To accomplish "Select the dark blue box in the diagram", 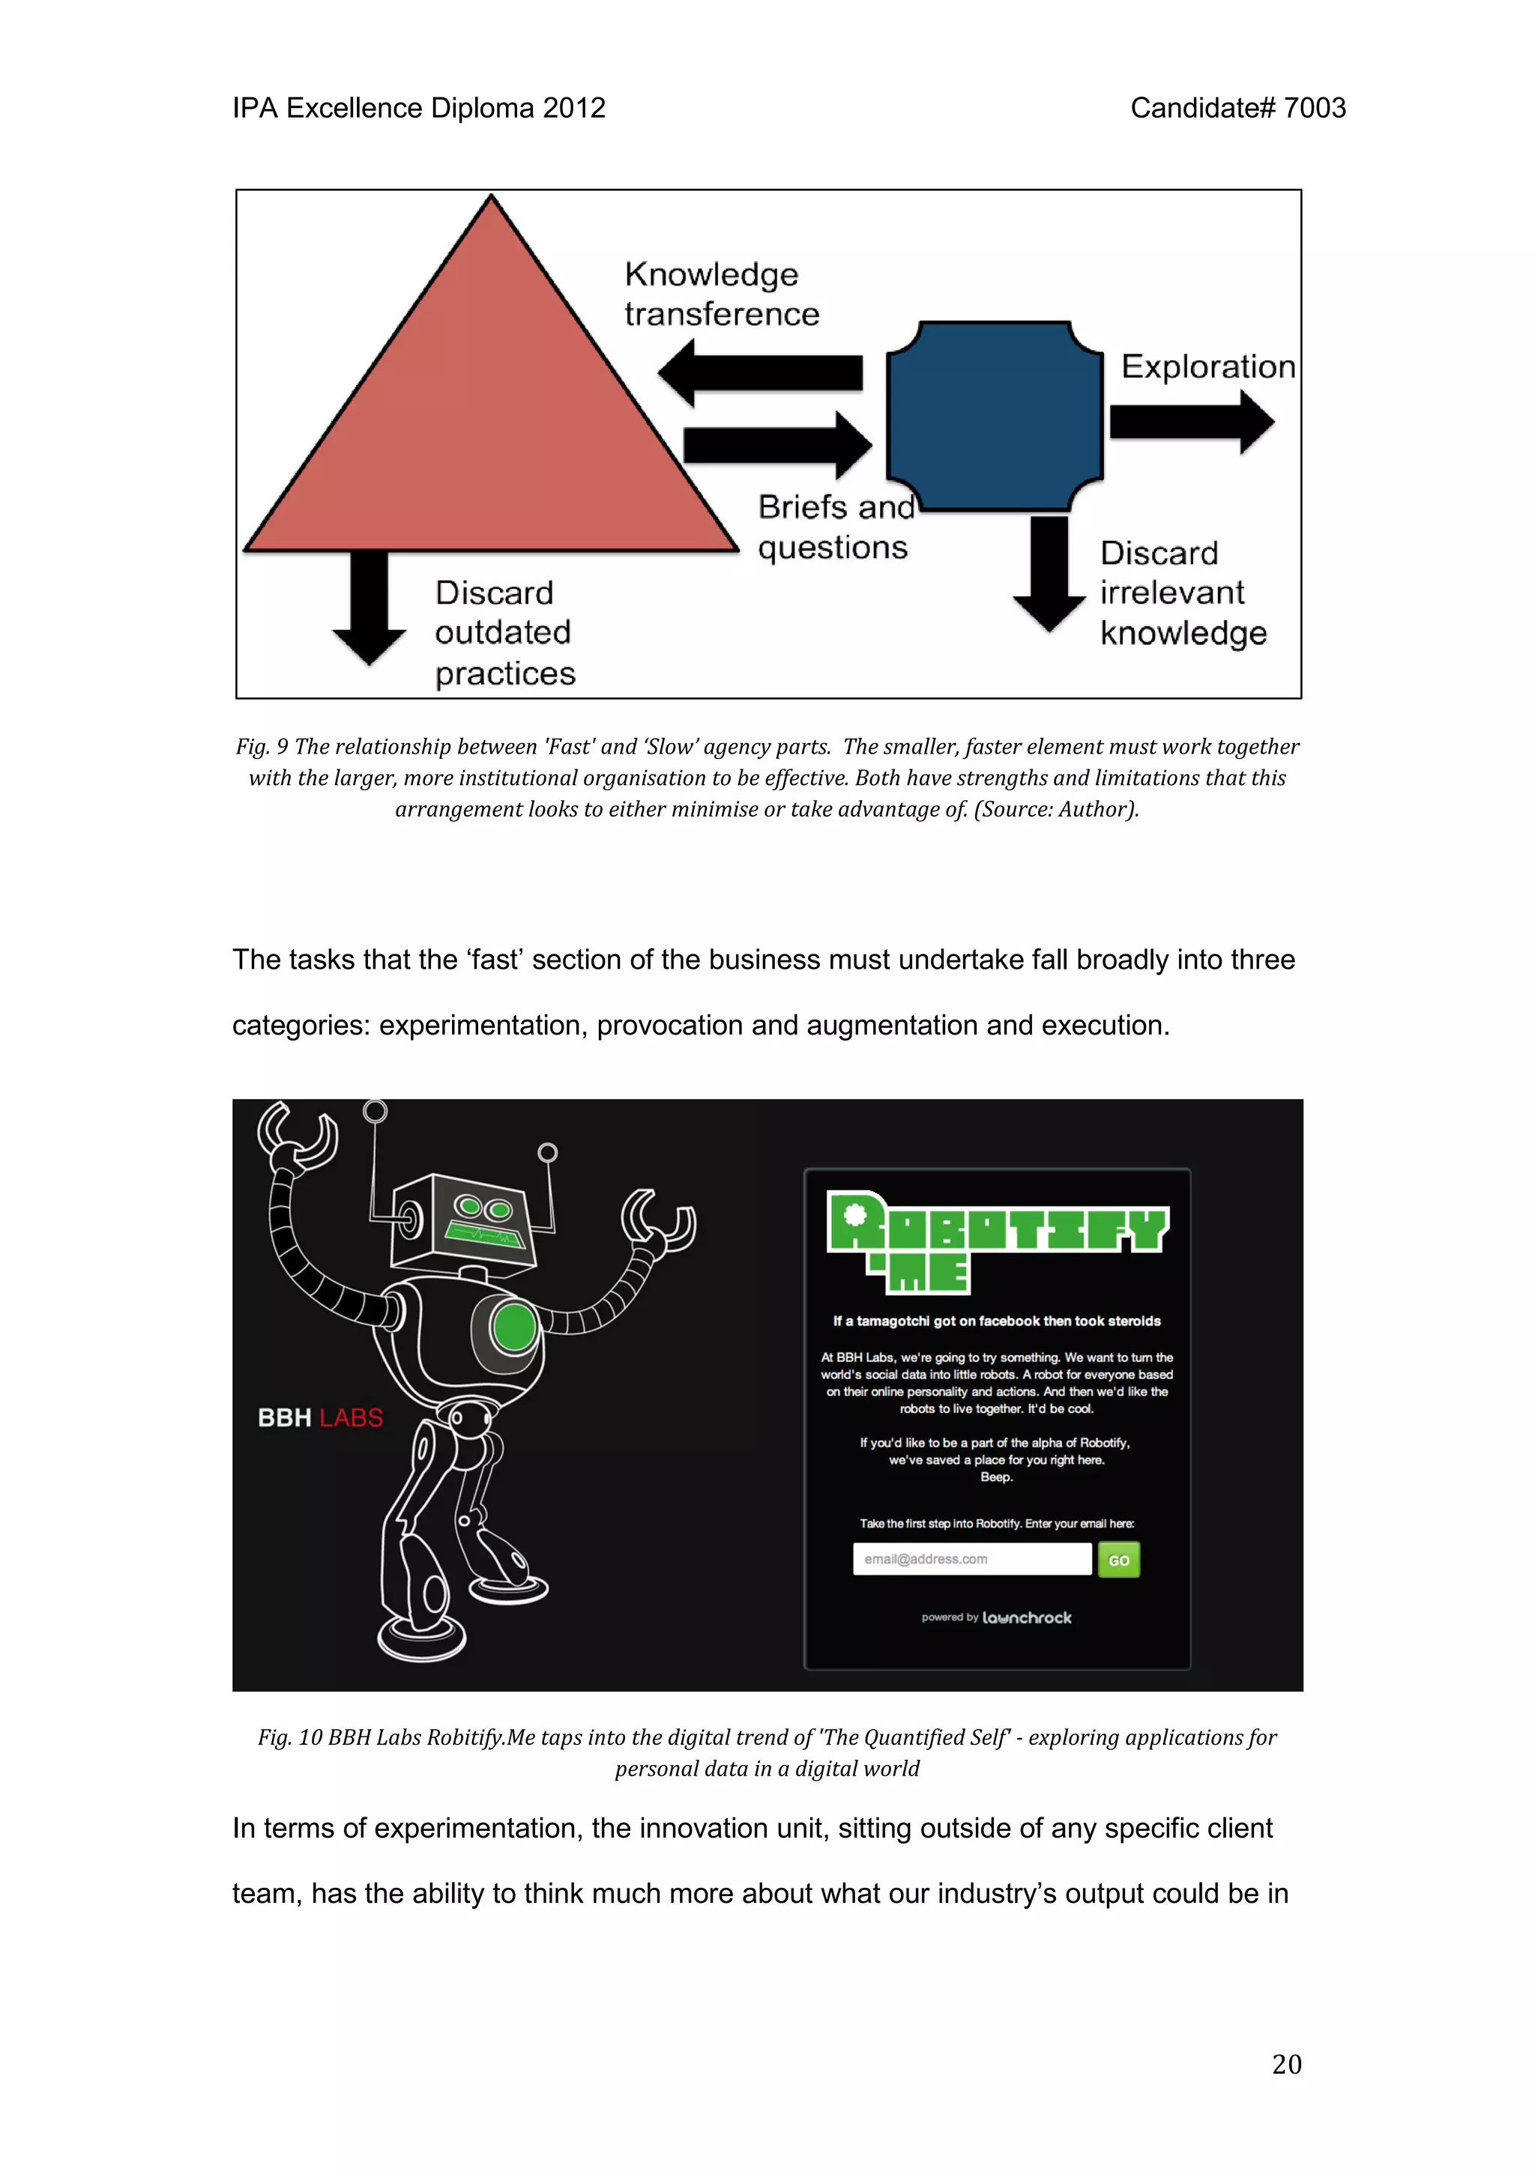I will [x=995, y=416].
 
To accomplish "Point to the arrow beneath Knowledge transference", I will [x=762, y=372].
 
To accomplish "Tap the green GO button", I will [x=1119, y=1560].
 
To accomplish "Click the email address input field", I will [x=971, y=1559].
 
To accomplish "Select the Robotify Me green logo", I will [x=997, y=1241].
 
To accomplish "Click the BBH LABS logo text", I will [x=321, y=1417].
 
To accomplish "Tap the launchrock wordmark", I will [x=1026, y=1618].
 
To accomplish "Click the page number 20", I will [x=1286, y=2064].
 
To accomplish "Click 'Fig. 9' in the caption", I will [x=262, y=747].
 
